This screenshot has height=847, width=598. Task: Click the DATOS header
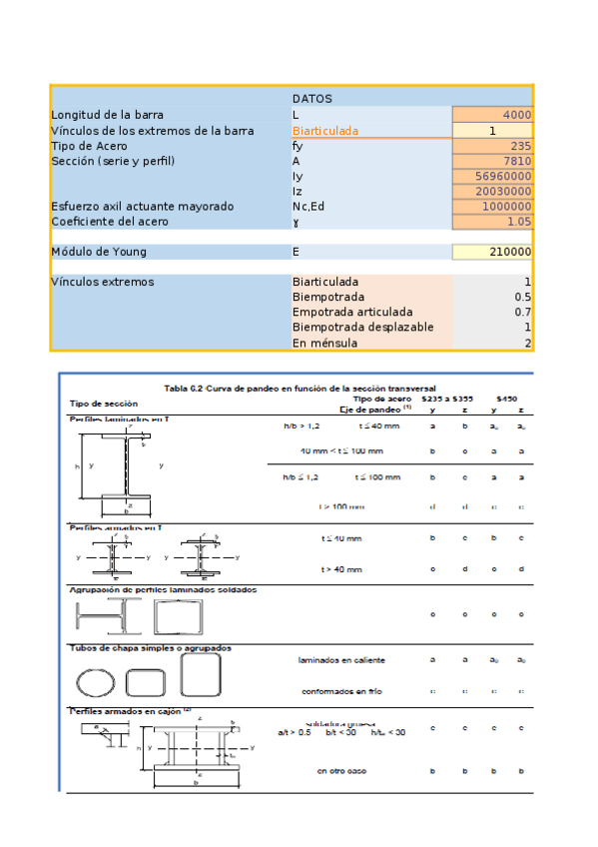(x=311, y=99)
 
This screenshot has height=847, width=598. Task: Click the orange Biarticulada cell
(x=324, y=131)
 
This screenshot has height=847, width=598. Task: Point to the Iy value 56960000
(x=503, y=176)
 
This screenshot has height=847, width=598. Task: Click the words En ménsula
(x=324, y=343)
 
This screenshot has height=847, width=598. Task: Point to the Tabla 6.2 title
(x=299, y=388)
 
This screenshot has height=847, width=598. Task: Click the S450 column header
(x=506, y=398)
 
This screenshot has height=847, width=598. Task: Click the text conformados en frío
(x=342, y=690)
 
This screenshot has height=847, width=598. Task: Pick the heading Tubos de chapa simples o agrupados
(x=150, y=647)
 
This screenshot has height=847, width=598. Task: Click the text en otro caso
(x=342, y=771)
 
